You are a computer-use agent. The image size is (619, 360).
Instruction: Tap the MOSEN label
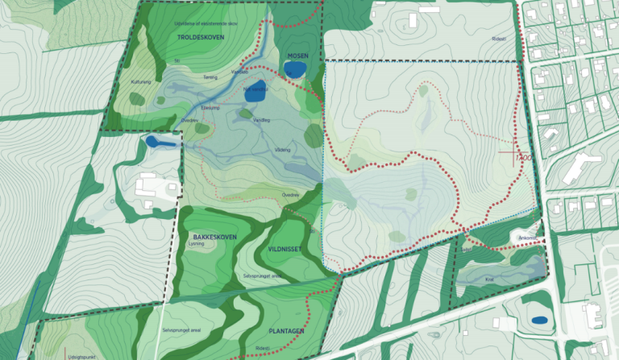[x=298, y=56]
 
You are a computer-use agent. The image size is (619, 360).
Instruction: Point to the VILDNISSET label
[x=285, y=250]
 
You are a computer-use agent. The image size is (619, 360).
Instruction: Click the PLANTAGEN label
[x=286, y=331]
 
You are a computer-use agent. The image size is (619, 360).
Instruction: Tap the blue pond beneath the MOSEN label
[x=295, y=69]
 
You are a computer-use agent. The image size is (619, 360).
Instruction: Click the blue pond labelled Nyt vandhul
[x=255, y=93]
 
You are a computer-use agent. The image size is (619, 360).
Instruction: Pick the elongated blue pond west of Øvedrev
[x=161, y=143]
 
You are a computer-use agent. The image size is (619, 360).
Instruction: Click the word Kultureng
[x=142, y=82]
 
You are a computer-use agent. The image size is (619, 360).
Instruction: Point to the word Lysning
[x=192, y=246]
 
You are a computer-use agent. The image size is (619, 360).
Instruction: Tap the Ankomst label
[x=527, y=237]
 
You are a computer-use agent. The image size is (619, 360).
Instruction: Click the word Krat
[x=489, y=279]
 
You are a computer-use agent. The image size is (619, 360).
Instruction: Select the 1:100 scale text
[x=524, y=158]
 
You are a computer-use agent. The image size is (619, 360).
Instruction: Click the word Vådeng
[x=281, y=150]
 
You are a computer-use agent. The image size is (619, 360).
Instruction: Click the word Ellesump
[x=210, y=106]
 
